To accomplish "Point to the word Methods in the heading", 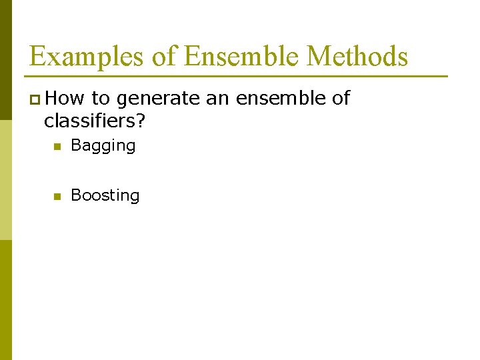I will (357, 57).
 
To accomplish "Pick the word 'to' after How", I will (101, 99).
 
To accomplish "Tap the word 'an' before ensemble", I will (217, 99).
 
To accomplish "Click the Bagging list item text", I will (103, 146).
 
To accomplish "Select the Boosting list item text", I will (105, 195).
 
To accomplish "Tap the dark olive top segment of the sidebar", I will (5, 60).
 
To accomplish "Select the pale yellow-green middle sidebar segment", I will (5, 180).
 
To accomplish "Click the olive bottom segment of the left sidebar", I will (5, 300).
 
